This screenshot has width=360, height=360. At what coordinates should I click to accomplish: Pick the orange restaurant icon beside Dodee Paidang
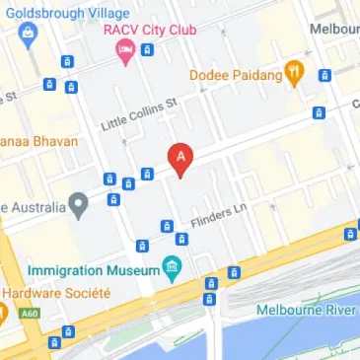tap(293, 71)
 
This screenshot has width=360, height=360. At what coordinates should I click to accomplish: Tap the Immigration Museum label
tap(94, 269)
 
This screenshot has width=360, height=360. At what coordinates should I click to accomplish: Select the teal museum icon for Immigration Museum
tap(173, 266)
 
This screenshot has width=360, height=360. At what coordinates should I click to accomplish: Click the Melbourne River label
tap(306, 310)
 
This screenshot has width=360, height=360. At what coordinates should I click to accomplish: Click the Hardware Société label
tap(56, 293)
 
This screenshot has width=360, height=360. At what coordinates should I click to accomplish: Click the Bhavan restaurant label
tap(38, 140)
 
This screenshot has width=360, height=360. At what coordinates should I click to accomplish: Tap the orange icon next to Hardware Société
tap(3, 314)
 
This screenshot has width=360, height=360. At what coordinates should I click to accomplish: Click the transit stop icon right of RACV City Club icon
tap(147, 49)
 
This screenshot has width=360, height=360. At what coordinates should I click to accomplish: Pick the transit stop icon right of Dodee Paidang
tap(324, 75)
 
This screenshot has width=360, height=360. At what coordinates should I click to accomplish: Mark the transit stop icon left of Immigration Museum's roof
tap(142, 245)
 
